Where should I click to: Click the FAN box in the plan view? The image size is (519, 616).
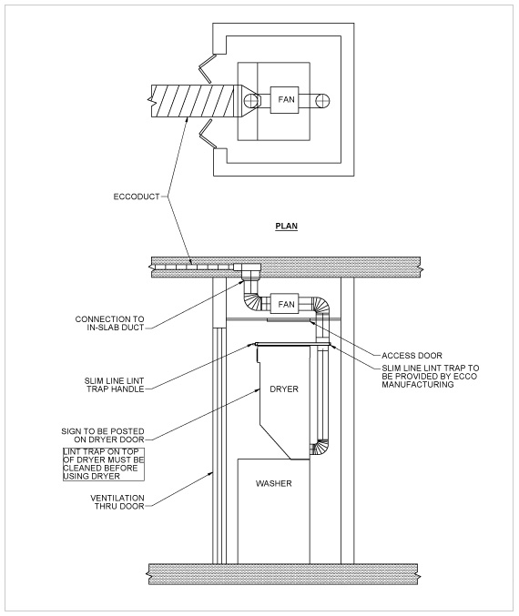pyautogui.click(x=282, y=98)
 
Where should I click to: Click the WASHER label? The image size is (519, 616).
pyautogui.click(x=273, y=483)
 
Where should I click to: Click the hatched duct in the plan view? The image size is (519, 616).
pyautogui.click(x=195, y=99)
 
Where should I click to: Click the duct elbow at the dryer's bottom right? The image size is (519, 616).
pyautogui.click(x=320, y=447)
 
